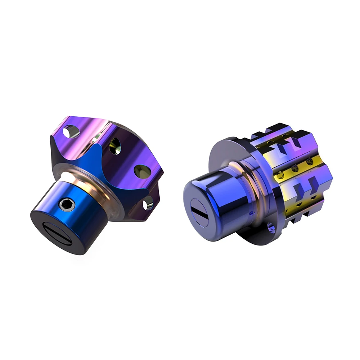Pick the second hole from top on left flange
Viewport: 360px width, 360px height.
tap(115, 146)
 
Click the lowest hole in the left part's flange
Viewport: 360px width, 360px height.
tap(148, 205)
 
